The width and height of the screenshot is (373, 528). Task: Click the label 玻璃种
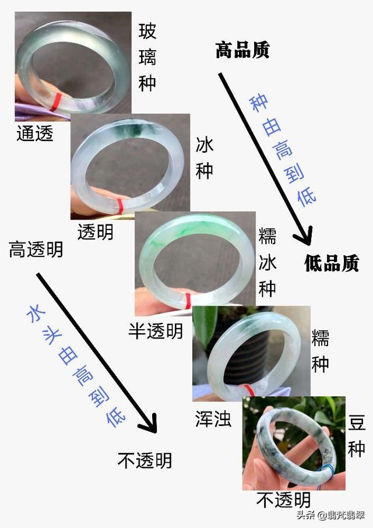(x=147, y=57)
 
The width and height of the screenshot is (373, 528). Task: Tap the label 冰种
(x=204, y=157)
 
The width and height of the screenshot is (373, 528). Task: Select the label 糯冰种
(x=268, y=262)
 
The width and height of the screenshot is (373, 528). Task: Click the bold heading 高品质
(x=242, y=50)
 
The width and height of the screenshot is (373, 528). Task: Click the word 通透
(x=35, y=133)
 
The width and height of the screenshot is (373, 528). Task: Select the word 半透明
(x=156, y=330)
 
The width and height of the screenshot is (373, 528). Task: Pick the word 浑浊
(x=213, y=418)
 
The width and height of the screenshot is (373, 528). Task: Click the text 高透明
(x=36, y=250)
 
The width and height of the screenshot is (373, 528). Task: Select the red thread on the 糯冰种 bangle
(x=188, y=301)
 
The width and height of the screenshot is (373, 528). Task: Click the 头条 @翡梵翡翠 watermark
(x=332, y=515)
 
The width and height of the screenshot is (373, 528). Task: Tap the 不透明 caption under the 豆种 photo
(x=284, y=499)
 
